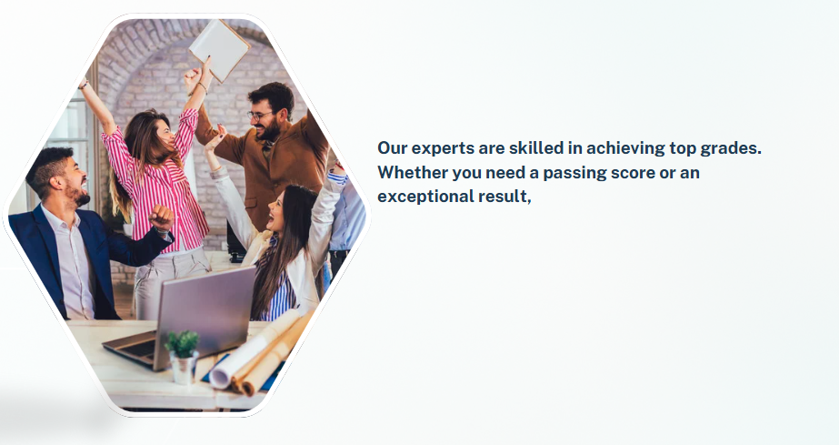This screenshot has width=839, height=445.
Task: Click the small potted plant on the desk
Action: tap(183, 357)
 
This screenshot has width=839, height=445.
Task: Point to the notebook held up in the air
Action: tap(219, 50)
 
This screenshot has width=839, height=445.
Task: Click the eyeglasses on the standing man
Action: tap(260, 116)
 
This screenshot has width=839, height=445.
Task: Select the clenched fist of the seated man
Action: tap(162, 217)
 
